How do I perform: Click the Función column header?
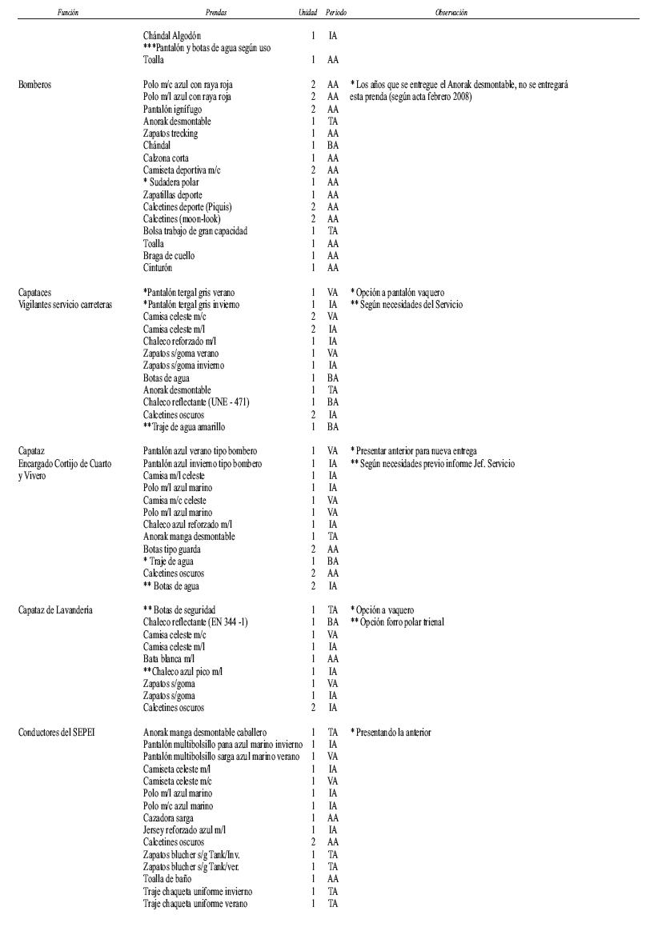click(68, 13)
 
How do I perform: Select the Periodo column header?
click(336, 13)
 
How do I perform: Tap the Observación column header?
click(451, 13)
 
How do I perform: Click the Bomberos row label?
click(36, 85)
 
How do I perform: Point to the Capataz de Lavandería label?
click(55, 610)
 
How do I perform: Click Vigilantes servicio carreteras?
click(65, 305)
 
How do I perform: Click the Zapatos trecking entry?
click(171, 134)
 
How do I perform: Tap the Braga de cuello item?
click(169, 256)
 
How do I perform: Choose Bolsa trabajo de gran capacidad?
click(195, 231)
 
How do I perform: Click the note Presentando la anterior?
click(392, 733)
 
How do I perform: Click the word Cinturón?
click(158, 268)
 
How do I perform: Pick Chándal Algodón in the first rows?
click(172, 36)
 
